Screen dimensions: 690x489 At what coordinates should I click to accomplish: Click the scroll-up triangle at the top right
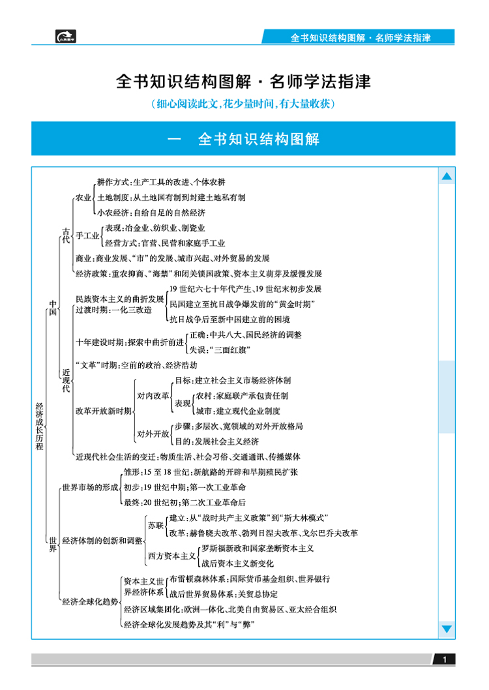pyautogui.click(x=447, y=177)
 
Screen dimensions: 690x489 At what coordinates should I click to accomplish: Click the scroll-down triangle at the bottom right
pyautogui.click(x=447, y=629)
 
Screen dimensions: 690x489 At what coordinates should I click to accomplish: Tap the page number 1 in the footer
pyautogui.click(x=444, y=660)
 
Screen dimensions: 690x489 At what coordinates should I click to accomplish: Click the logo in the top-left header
pyautogui.click(x=65, y=37)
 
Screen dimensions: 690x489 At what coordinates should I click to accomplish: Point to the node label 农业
pyautogui.click(x=83, y=197)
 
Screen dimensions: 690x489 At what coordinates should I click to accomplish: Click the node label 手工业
pyautogui.click(x=87, y=235)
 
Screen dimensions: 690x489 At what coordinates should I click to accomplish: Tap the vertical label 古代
pyautogui.click(x=65, y=235)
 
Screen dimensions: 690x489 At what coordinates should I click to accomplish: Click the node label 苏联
pyautogui.click(x=155, y=525)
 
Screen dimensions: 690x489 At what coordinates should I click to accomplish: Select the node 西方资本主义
pyautogui.click(x=171, y=556)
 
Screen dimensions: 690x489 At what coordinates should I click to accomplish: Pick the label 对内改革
pyautogui.click(x=153, y=395)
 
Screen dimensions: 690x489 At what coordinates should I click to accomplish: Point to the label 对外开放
pyautogui.click(x=153, y=433)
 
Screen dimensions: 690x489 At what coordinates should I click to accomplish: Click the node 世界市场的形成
pyautogui.click(x=90, y=487)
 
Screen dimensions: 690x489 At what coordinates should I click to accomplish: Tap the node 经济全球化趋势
pyautogui.click(x=91, y=602)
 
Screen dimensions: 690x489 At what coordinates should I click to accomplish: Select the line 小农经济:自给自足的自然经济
pyautogui.click(x=151, y=213)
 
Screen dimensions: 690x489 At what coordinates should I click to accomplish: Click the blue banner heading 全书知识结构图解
pyautogui.click(x=243, y=139)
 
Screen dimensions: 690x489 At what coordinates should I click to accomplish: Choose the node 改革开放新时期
pyautogui.click(x=104, y=411)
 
